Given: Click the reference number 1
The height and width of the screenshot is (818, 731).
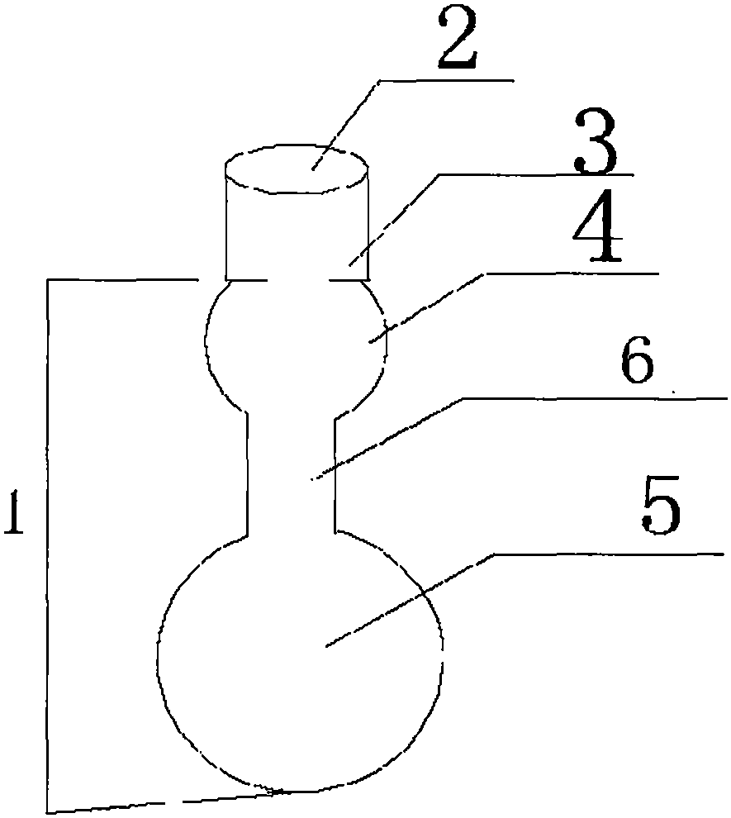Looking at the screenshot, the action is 15,511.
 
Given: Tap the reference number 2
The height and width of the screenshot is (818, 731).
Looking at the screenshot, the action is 458,40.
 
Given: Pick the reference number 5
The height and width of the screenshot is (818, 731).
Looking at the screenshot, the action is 661,505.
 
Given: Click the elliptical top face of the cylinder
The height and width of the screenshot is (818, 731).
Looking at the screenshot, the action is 297,169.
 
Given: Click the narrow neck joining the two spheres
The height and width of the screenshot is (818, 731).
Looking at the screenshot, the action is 291,472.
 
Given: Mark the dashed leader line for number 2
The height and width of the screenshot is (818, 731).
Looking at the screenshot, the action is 346,125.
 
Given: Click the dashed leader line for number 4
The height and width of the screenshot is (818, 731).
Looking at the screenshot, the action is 427,308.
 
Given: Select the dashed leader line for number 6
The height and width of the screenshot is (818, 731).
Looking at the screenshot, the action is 387,438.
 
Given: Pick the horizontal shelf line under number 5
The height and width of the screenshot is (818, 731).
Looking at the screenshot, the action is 609,554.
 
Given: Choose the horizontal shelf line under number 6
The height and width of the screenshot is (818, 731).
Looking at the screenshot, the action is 595,398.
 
